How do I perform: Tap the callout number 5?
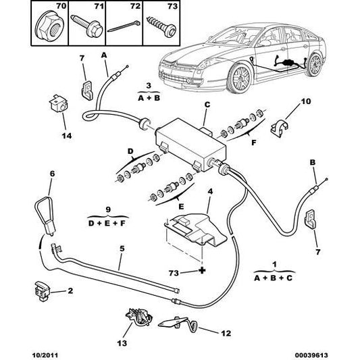[121, 248]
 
